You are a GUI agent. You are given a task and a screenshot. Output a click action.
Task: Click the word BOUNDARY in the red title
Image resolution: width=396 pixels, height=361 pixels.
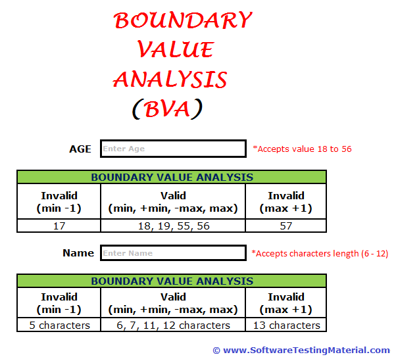[182, 21]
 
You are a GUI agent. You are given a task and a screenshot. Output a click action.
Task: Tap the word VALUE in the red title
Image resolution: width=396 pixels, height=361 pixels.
[175, 50]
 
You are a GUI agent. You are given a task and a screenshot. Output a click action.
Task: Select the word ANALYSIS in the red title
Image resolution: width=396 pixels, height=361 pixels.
[170, 80]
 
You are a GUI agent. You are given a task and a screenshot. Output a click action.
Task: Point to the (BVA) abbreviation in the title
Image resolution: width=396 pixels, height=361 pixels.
[166, 108]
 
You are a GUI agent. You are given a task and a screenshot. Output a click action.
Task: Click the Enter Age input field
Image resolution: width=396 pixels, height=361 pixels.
[173, 149]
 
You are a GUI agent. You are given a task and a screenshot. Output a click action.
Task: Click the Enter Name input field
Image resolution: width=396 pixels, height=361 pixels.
[173, 253]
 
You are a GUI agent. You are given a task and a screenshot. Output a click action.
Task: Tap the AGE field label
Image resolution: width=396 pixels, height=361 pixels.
[80, 149]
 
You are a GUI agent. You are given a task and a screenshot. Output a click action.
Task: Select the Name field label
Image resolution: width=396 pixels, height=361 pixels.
[78, 253]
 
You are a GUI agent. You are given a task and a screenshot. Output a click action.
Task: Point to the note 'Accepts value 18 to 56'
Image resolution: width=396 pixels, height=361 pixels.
[302, 149]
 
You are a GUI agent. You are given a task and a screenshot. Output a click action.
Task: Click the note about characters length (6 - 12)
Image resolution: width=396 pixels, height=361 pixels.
[320, 253]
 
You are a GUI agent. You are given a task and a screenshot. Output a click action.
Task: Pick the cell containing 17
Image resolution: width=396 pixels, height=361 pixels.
[59, 226]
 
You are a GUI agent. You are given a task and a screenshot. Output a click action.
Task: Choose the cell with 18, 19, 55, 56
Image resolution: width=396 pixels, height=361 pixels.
[173, 226]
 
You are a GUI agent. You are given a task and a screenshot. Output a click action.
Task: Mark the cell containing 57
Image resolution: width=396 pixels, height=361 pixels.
[285, 226]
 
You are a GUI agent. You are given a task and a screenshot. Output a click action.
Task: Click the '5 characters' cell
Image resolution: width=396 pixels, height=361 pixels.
[59, 325]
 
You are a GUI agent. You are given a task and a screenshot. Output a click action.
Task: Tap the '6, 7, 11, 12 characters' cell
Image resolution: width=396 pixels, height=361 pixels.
[173, 325]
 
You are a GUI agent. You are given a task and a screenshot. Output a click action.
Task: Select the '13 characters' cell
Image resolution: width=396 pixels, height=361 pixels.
[285, 325]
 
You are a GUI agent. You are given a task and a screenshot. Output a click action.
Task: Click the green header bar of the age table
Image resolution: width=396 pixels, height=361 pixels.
[172, 177]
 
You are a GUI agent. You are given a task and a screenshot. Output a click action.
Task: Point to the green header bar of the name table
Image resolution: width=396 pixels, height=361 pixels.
[172, 281]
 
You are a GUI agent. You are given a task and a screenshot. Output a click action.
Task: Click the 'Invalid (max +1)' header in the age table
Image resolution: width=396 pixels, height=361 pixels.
[285, 202]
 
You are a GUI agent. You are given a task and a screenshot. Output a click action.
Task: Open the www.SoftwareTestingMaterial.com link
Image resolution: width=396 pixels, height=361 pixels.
[306, 350]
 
